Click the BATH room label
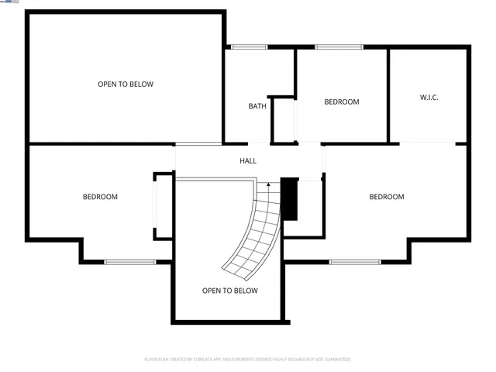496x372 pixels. (x=257, y=106)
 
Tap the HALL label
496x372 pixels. (x=247, y=161)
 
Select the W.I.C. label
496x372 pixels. (x=429, y=98)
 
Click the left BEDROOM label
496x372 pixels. (x=100, y=197)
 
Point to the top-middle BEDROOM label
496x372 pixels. (x=341, y=102)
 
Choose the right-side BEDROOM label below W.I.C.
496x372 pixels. (x=386, y=197)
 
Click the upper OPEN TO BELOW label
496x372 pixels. (x=125, y=84)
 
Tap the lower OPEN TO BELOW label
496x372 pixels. (x=229, y=291)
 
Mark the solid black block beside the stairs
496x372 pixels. (x=289, y=199)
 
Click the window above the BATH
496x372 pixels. (x=250, y=47)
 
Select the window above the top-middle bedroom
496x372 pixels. (x=339, y=47)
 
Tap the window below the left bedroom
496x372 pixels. (x=130, y=262)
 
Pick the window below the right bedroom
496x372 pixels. (x=355, y=262)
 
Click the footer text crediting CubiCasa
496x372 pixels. (x=247, y=360)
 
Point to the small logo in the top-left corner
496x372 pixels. (x=11, y=3)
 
